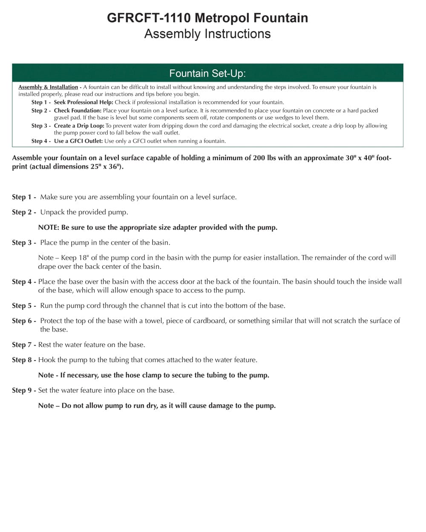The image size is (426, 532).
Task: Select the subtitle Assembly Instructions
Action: pyautogui.click(x=207, y=34)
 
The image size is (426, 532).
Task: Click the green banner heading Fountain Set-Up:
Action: pyautogui.click(x=207, y=73)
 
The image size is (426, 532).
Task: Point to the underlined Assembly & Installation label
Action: pyautogui.click(x=48, y=87)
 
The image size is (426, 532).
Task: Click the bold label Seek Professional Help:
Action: pyautogui.click(x=83, y=102)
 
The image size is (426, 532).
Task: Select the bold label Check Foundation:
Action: pyautogui.click(x=78, y=110)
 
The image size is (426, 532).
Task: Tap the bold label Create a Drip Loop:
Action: pyautogui.click(x=79, y=126)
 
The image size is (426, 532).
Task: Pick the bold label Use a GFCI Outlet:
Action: pyautogui.click(x=78, y=141)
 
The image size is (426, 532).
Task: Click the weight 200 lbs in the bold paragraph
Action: pyautogui.click(x=265, y=158)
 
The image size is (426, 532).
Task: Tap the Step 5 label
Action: pyautogui.click(x=23, y=306)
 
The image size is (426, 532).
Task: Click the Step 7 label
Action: pyautogui.click(x=23, y=345)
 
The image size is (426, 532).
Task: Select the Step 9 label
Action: pyautogui.click(x=23, y=390)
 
